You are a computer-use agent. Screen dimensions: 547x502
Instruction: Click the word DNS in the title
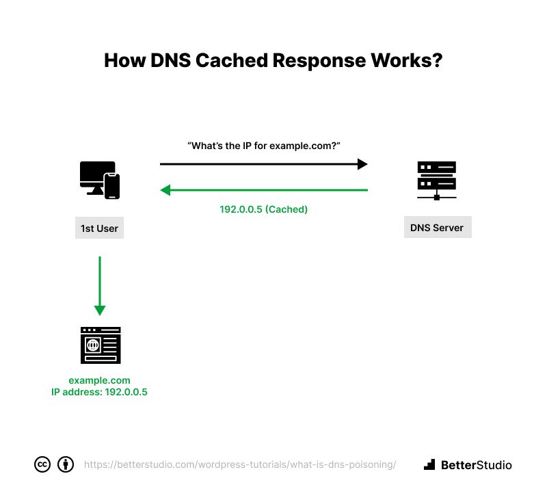pyautogui.click(x=170, y=60)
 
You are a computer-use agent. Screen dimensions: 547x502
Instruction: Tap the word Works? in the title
pyautogui.click(x=407, y=60)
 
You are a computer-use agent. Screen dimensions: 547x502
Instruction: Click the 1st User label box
pyautogui.click(x=99, y=228)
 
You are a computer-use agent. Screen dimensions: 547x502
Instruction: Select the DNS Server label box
pyautogui.click(x=438, y=228)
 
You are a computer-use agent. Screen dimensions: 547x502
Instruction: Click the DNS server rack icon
pyautogui.click(x=437, y=181)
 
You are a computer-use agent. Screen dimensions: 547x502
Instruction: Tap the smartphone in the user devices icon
pyautogui.click(x=112, y=186)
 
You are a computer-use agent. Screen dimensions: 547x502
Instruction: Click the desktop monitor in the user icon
pyautogui.click(x=96, y=176)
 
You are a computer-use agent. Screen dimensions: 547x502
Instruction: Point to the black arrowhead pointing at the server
pyautogui.click(x=362, y=164)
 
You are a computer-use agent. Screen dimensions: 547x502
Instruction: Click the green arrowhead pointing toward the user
pyautogui.click(x=165, y=190)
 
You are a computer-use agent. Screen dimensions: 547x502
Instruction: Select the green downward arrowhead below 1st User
pyautogui.click(x=100, y=311)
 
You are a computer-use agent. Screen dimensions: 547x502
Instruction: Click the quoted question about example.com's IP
pyautogui.click(x=264, y=146)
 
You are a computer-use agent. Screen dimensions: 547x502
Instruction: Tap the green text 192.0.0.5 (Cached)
pyautogui.click(x=264, y=209)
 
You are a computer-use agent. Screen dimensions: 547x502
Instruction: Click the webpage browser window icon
pyautogui.click(x=101, y=345)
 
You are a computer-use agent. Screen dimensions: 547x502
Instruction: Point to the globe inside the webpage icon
pyautogui.click(x=93, y=345)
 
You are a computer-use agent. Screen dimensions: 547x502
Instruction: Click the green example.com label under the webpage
pyautogui.click(x=99, y=380)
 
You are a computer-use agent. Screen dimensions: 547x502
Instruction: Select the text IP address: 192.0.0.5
pyautogui.click(x=99, y=392)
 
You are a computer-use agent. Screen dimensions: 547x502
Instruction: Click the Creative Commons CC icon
pyautogui.click(x=42, y=464)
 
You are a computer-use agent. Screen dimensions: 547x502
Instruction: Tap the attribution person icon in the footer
pyautogui.click(x=66, y=464)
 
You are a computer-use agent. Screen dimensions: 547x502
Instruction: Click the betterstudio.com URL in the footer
pyautogui.click(x=240, y=464)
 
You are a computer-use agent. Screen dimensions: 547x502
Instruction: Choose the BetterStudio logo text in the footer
pyautogui.click(x=476, y=465)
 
